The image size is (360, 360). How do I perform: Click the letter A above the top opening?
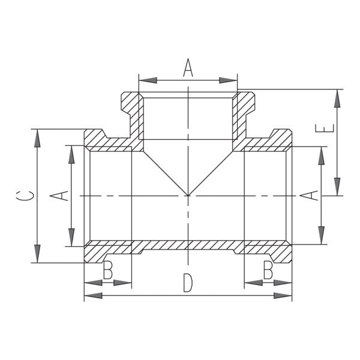point(188,68)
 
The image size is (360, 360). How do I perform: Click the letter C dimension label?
point(25,196)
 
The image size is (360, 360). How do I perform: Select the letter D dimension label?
point(188,283)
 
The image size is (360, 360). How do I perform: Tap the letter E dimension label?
point(325,128)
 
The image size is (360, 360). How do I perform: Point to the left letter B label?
point(108,269)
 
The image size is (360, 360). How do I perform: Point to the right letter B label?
point(268,269)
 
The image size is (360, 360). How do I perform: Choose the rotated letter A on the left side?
point(59,196)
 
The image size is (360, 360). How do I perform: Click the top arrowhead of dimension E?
point(337,98)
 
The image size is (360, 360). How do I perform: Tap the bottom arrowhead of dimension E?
point(337,187)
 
